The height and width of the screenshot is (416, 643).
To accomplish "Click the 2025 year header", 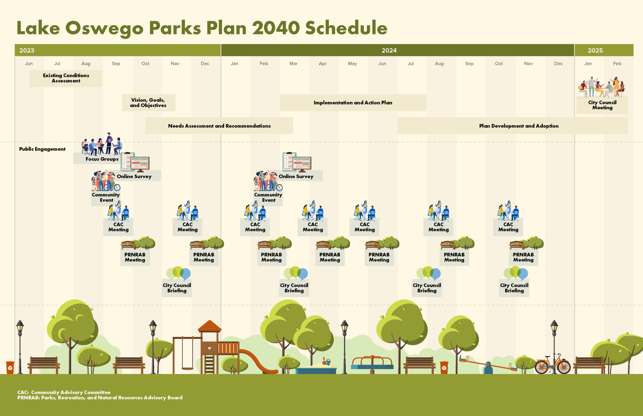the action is click(x=595, y=50).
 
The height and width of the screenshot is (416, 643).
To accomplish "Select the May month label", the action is click(x=352, y=64).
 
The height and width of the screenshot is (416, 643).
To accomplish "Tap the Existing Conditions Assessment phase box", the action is click(x=66, y=78).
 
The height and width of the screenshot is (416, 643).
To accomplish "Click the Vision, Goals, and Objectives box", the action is click(x=148, y=103).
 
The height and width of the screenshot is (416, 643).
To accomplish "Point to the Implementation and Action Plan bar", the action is click(x=353, y=103).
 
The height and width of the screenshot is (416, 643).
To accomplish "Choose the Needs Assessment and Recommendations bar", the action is click(x=219, y=126).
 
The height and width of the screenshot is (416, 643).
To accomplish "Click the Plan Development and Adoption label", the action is click(x=519, y=126).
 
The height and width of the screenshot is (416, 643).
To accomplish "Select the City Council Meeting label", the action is click(x=602, y=105).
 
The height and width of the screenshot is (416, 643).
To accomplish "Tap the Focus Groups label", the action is click(x=102, y=159).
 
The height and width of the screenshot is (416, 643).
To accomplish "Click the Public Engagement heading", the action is click(x=42, y=149).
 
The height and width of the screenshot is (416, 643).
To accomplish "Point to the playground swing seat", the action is click(x=187, y=369).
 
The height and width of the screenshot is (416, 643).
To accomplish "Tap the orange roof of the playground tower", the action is click(x=209, y=326).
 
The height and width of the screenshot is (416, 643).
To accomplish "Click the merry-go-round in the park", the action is click(x=372, y=364).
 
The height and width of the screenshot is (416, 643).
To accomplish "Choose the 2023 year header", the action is click(x=27, y=50).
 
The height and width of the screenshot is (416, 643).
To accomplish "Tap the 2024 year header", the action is click(x=389, y=50).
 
